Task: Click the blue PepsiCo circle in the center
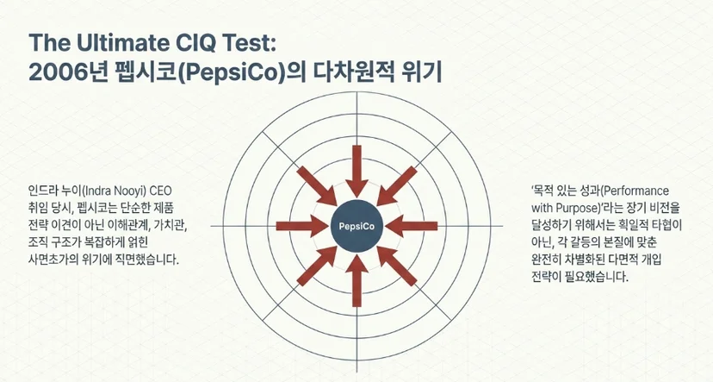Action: [357, 226]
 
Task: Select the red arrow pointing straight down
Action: [357, 172]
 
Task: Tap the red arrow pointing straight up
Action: [357, 280]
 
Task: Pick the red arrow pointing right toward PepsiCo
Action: [302, 226]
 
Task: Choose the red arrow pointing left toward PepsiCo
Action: [411, 226]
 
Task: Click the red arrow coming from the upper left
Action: [317, 186]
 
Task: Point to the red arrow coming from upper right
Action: [396, 186]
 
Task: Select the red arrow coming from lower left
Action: [317, 266]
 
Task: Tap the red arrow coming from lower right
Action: [396, 266]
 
